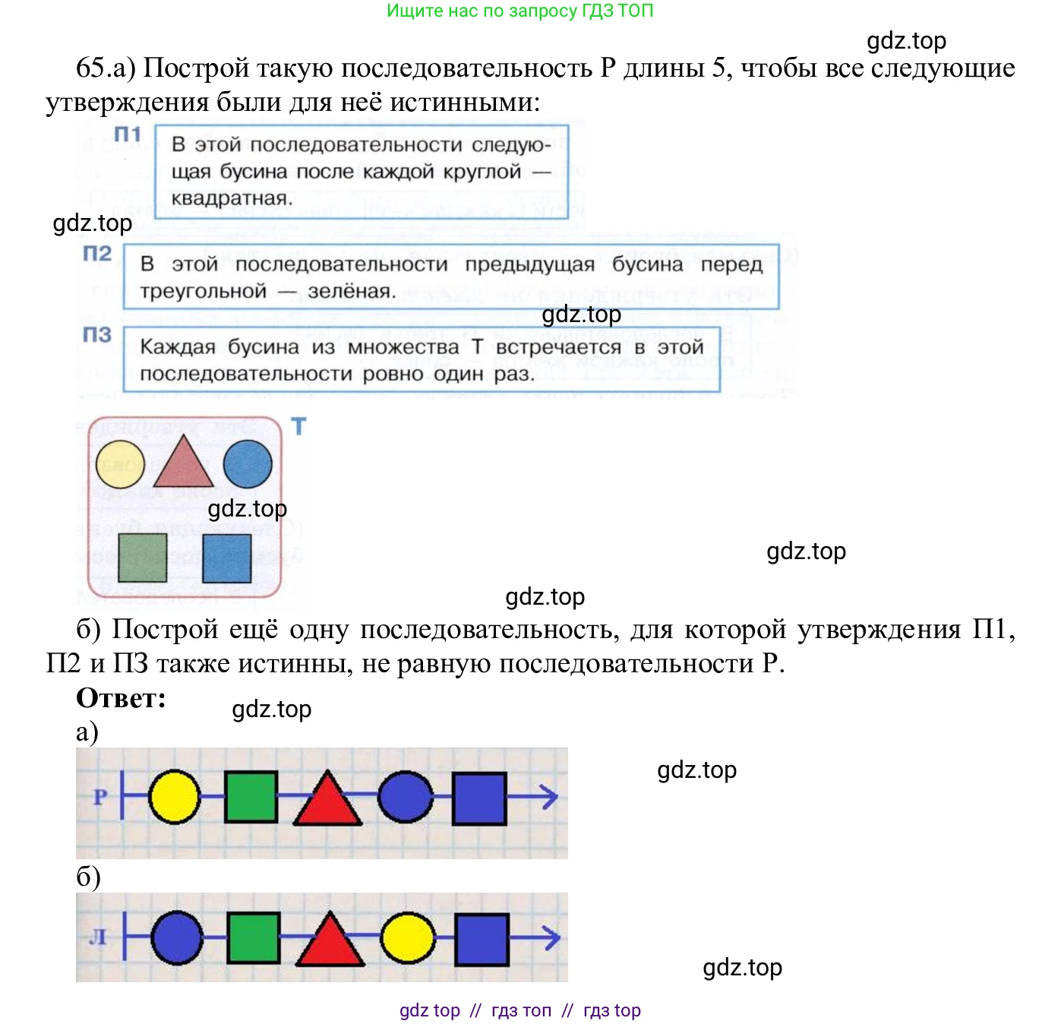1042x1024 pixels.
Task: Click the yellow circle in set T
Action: (x=120, y=464)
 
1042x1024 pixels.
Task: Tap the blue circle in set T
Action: (x=248, y=464)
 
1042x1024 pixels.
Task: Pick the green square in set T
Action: (x=143, y=558)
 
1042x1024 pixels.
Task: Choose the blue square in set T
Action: (x=227, y=558)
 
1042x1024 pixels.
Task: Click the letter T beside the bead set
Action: (x=298, y=427)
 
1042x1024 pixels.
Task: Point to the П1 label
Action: (x=128, y=135)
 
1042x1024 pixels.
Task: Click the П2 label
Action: (x=97, y=254)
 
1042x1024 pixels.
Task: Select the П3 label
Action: (x=97, y=335)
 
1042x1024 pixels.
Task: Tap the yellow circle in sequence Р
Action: (x=175, y=797)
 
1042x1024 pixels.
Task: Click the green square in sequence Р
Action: (x=251, y=797)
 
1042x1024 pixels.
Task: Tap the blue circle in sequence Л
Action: (x=177, y=937)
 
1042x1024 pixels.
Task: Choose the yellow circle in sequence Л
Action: (x=407, y=937)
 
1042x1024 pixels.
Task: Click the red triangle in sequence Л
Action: (x=329, y=942)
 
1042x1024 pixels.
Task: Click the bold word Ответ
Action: (x=122, y=698)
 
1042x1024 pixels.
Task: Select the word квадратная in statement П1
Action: (x=232, y=199)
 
